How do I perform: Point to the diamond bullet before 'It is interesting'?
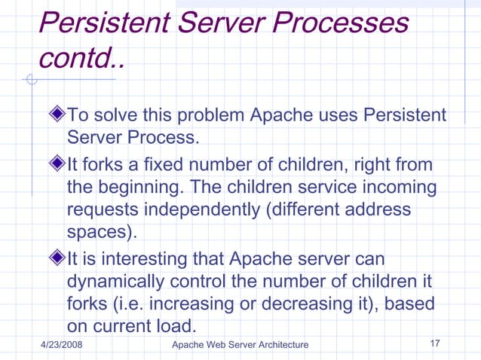pyautogui.click(x=59, y=258)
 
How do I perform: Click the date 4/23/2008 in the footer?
pyautogui.click(x=61, y=345)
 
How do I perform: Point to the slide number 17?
pyautogui.click(x=434, y=344)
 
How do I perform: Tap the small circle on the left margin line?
pyautogui.click(x=31, y=80)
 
